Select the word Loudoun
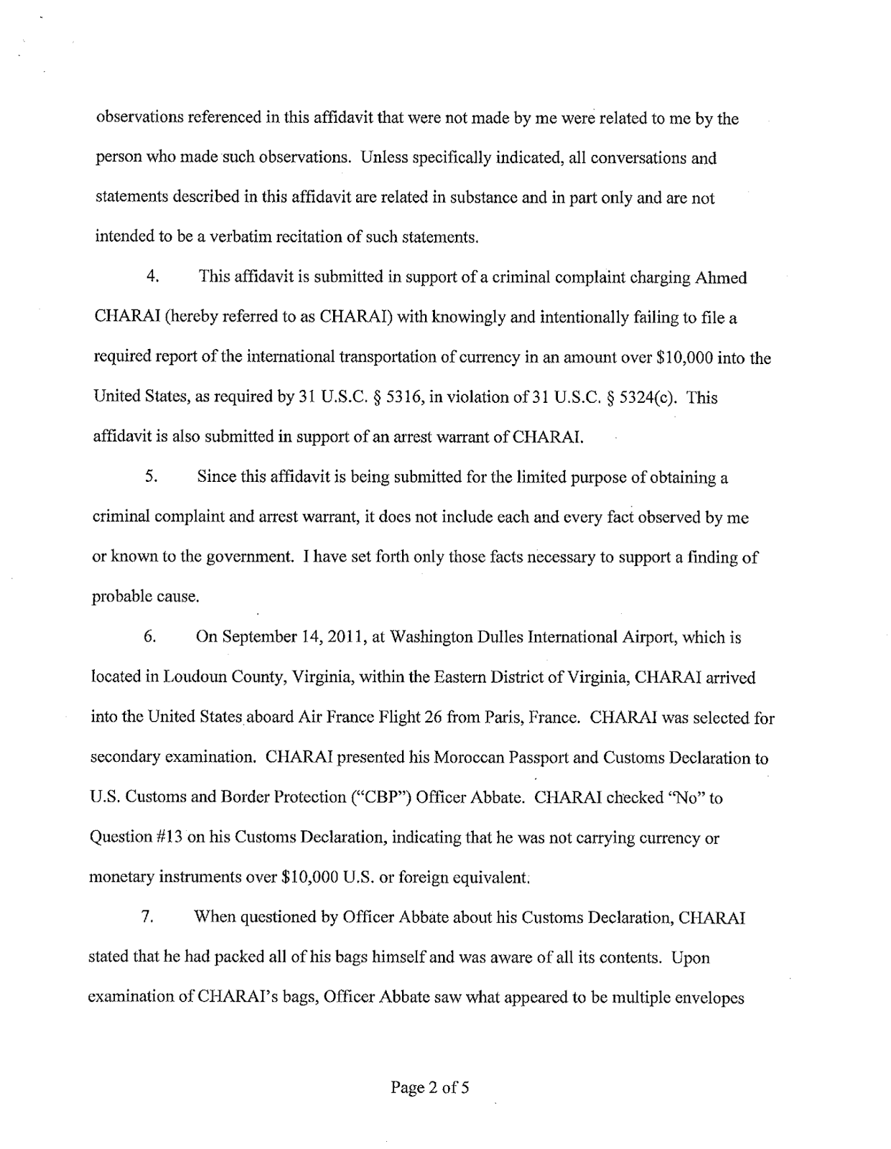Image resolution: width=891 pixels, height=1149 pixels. pyautogui.click(x=193, y=678)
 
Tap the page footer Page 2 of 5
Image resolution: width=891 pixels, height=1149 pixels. pyautogui.click(x=429, y=1088)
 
